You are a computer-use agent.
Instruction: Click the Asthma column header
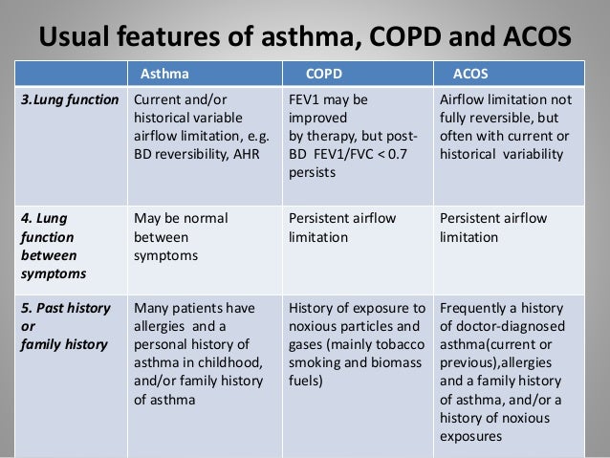coord(164,72)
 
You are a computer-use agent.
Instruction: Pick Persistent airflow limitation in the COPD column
coord(342,227)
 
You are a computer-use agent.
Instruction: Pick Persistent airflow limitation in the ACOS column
coord(492,227)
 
